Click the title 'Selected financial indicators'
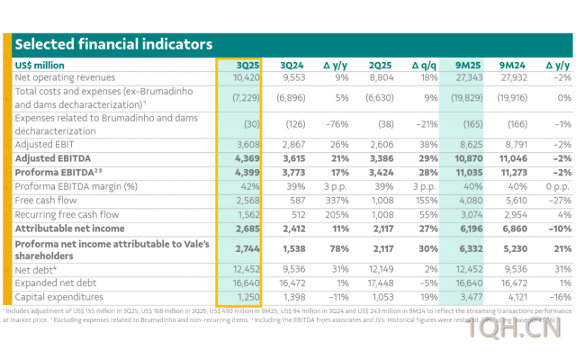point(113,44)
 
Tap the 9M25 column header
point(465,65)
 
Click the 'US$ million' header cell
point(40,65)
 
